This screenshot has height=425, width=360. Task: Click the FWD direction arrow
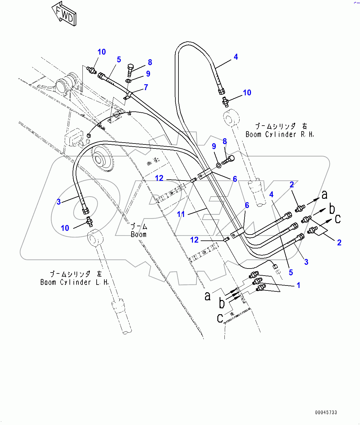coord(64,14)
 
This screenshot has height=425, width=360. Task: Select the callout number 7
coord(146,87)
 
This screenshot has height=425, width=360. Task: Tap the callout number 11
coord(181,214)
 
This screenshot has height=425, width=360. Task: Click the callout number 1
coord(298,285)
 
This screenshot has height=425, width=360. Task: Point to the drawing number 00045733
coord(326,412)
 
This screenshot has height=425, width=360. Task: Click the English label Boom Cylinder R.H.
coord(280,135)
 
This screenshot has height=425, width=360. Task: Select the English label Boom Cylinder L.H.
coord(74,282)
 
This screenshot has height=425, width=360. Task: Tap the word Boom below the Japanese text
coord(139,235)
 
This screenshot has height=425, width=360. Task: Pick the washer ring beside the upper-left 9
coord(128,81)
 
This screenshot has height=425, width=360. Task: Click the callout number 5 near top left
coord(119,60)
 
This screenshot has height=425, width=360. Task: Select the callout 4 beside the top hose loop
coord(236,57)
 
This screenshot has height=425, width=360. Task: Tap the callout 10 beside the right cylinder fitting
coord(247,93)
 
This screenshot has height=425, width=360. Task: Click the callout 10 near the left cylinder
coord(65,228)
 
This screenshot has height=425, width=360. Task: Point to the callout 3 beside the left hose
coord(59,202)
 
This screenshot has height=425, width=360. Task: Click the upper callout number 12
coord(159,178)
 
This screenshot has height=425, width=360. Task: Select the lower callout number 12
coord(194,240)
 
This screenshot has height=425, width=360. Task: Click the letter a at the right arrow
coord(324,195)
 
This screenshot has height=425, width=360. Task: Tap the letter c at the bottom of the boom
coord(220,318)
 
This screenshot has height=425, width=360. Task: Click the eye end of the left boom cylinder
coord(95,238)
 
